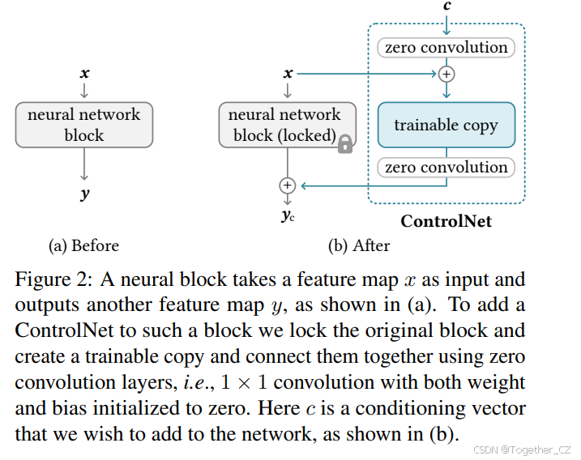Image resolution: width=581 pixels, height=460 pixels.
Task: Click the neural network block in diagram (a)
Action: tap(83, 125)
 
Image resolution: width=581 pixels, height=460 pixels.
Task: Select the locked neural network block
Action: tap(284, 125)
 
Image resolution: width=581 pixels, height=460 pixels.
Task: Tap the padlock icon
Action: tap(345, 144)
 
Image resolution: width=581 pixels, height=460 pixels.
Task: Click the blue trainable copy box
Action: tap(446, 125)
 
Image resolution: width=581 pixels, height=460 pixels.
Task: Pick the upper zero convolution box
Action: tap(446, 47)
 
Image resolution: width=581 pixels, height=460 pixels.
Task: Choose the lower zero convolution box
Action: tap(446, 168)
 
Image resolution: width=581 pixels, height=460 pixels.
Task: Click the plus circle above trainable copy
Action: tap(446, 74)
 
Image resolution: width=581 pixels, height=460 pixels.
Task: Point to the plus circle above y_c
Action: tap(287, 185)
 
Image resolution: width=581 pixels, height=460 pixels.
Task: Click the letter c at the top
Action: tap(446, 6)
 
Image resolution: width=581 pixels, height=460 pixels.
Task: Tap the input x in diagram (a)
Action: tap(84, 74)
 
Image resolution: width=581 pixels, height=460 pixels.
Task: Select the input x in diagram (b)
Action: tap(288, 74)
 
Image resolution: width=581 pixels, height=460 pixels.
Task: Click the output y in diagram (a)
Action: tap(84, 194)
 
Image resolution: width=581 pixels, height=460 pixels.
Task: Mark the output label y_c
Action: tap(288, 215)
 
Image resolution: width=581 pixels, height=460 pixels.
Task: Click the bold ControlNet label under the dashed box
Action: tap(446, 221)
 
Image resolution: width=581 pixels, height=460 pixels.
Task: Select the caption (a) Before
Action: tap(83, 245)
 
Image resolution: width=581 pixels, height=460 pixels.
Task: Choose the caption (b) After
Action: tap(359, 245)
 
